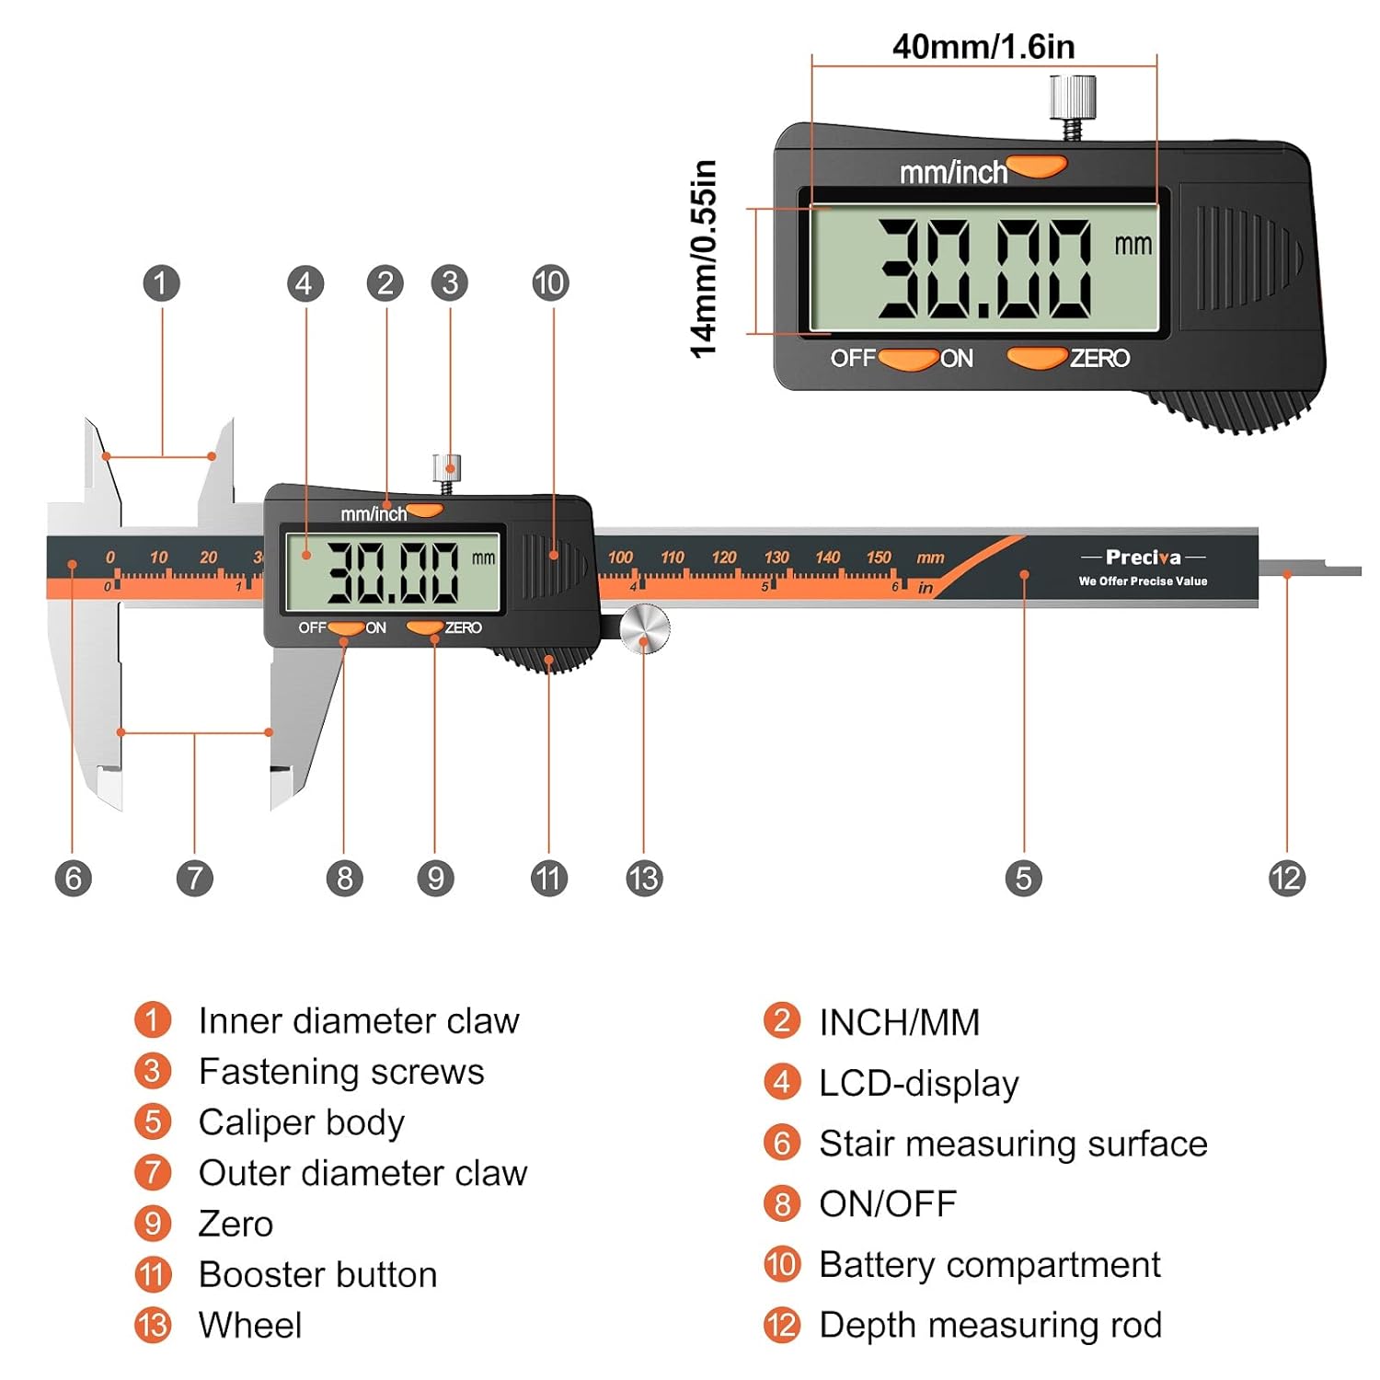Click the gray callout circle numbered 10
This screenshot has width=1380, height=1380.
point(550,282)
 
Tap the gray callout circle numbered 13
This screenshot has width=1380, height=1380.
point(643,878)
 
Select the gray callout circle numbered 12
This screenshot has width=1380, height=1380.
point(1286,878)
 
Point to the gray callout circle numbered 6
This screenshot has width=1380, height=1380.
point(73,878)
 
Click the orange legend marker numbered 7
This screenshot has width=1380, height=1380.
point(153,1172)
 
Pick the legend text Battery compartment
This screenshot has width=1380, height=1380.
point(989,1264)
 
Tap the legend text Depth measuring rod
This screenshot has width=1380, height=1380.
point(990,1325)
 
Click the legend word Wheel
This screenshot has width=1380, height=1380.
point(250,1325)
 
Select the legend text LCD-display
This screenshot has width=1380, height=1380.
point(919,1084)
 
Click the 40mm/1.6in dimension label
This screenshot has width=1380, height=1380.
point(983,46)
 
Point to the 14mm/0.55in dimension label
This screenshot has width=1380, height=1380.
point(704,259)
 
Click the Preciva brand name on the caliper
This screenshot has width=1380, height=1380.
point(1143,557)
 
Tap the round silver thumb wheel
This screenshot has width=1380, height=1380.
point(644,628)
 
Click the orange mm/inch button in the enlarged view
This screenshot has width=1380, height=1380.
point(1037,167)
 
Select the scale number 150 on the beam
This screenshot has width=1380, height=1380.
point(879,557)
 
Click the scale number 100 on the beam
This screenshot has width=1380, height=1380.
point(620,557)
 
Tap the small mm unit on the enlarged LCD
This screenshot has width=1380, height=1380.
point(1133,245)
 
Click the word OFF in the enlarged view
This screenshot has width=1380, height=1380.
point(853,358)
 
